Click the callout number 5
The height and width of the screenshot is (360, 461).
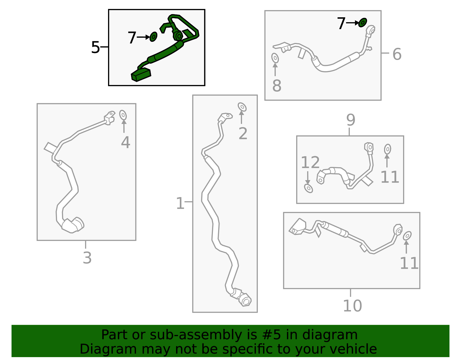click(x=95, y=48)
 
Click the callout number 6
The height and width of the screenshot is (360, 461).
click(x=397, y=54)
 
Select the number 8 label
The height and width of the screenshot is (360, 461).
click(x=277, y=86)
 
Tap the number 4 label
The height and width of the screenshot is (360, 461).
click(x=125, y=142)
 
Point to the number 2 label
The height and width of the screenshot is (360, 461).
click(x=243, y=133)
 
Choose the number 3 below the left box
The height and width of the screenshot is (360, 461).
click(x=87, y=258)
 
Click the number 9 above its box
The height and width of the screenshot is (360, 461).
click(x=351, y=120)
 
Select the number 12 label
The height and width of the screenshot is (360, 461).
click(x=310, y=162)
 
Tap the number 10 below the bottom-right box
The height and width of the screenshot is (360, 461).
click(x=352, y=306)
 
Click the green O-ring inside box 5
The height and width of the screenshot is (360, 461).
click(x=153, y=37)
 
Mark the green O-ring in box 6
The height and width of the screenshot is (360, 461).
click(x=362, y=22)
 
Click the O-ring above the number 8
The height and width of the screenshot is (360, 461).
click(x=275, y=58)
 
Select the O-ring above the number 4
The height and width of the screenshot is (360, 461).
click(x=123, y=115)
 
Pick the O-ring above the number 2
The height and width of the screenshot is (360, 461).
click(x=242, y=107)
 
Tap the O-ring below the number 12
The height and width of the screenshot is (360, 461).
click(x=308, y=188)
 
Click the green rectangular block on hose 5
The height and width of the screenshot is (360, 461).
click(x=141, y=75)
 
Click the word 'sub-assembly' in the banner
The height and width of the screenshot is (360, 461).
click(x=196, y=335)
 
